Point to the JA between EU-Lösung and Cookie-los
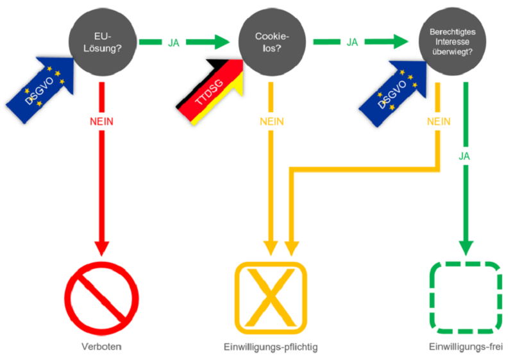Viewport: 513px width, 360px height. pyautogui.click(x=173, y=43)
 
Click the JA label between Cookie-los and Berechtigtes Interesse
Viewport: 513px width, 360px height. pyautogui.click(x=352, y=42)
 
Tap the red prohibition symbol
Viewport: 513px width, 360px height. pyautogui.click(x=101, y=298)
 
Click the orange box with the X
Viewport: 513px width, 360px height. pyautogui.click(x=271, y=298)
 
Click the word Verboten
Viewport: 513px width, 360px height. pyautogui.click(x=101, y=347)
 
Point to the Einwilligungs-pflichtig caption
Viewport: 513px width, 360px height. pyautogui.click(x=271, y=347)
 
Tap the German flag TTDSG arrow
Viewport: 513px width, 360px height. pyautogui.click(x=211, y=87)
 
